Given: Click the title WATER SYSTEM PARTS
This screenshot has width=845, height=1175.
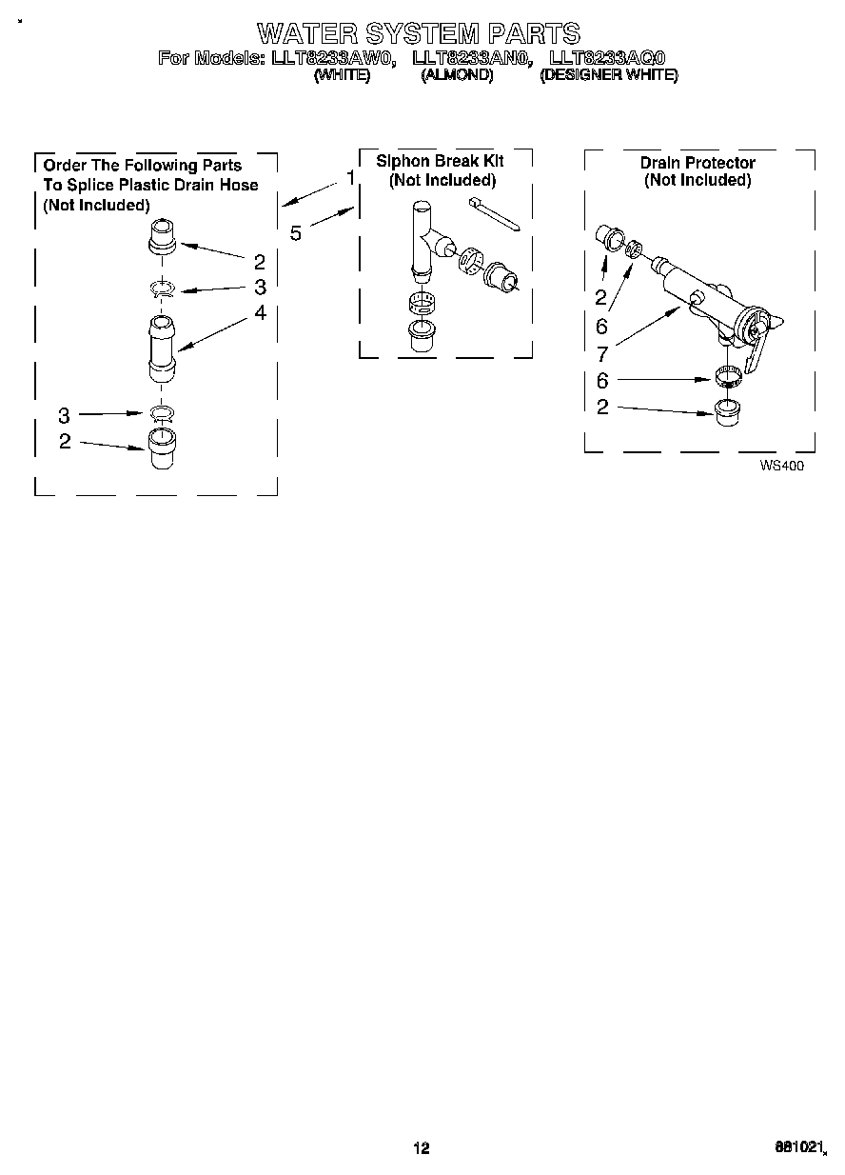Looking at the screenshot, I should coord(419,34).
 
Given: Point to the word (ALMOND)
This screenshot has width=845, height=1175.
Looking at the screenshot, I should coord(457,76).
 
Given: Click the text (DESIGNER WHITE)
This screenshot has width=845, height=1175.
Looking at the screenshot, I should coord(608,76).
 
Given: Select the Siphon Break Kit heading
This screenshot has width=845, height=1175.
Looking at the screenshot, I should coord(440,161).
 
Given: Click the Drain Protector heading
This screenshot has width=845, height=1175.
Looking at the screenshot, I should coord(698,163).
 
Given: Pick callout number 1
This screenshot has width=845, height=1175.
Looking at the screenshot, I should coord(350,178).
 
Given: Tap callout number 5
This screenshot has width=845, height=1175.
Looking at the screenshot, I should coord(296,232).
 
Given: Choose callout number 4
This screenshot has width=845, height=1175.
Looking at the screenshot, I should coord(260,312).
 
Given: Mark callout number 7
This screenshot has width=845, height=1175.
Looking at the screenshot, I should coord(601,354).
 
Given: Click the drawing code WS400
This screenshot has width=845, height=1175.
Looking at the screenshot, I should coord(775,467).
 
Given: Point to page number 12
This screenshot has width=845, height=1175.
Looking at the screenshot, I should coord(421,1148).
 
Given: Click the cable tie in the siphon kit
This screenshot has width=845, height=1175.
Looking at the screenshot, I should coord(493,214).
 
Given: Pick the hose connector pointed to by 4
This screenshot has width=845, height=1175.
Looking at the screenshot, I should coord(163,349).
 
